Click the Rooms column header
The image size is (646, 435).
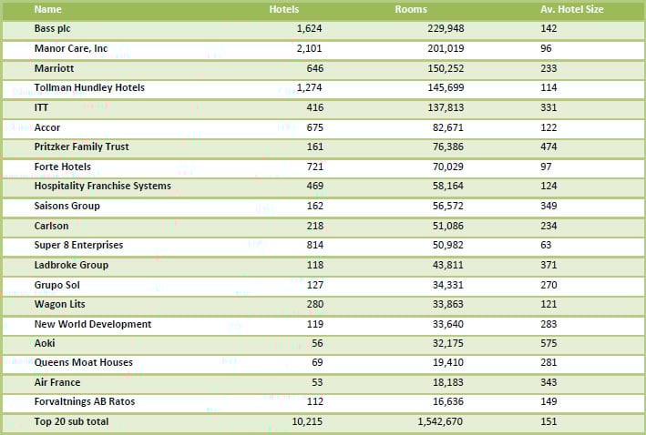411,9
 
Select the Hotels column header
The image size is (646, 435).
284,9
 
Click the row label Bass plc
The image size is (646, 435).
52,28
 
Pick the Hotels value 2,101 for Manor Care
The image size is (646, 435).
309,48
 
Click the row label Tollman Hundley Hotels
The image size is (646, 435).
89,87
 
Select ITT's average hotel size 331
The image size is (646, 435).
549,107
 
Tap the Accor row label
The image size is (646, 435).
47,127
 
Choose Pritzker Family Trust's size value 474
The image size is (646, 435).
549,147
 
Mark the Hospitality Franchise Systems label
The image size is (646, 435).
102,186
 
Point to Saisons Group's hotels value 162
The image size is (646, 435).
313,206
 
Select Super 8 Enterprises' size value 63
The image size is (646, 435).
546,245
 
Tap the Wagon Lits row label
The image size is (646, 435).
59,304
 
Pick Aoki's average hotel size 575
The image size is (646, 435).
549,343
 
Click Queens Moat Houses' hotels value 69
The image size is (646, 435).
315,362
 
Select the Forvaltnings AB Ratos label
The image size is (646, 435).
85,401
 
